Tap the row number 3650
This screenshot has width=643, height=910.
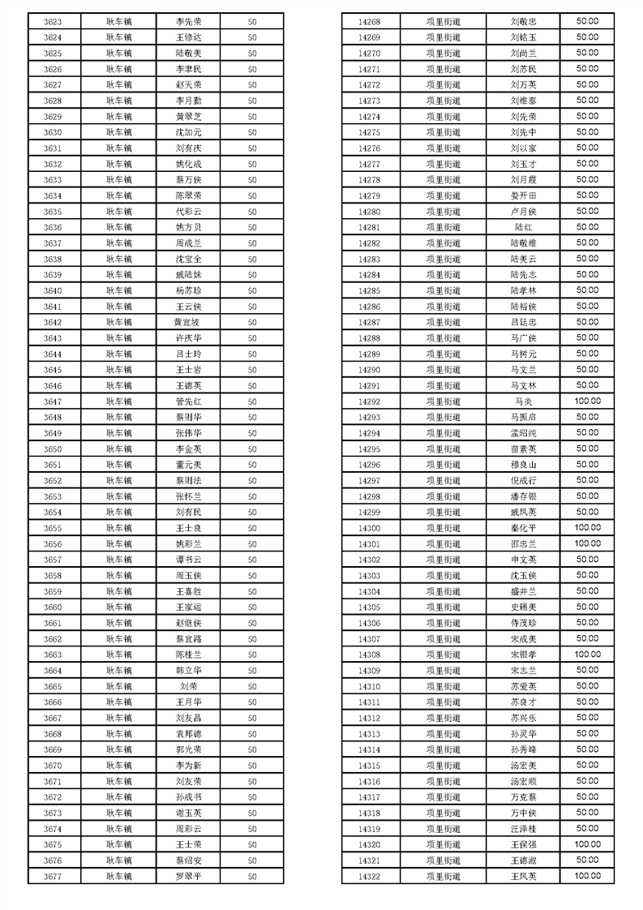53,449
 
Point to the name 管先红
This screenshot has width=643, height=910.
188,401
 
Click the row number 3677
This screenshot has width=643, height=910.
53,877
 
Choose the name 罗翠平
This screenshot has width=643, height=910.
188,877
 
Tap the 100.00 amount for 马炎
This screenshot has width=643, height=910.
587,401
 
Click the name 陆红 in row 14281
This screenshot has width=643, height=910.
523,227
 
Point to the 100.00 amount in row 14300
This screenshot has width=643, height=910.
587,527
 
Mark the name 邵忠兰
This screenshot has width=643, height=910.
523,543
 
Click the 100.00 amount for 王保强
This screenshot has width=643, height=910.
587,844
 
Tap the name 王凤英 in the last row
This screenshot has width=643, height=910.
523,877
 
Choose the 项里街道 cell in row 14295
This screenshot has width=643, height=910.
443,449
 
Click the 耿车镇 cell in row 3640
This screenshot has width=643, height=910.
118,290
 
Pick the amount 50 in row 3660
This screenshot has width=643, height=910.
252,607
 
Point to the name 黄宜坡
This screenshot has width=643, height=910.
188,322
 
